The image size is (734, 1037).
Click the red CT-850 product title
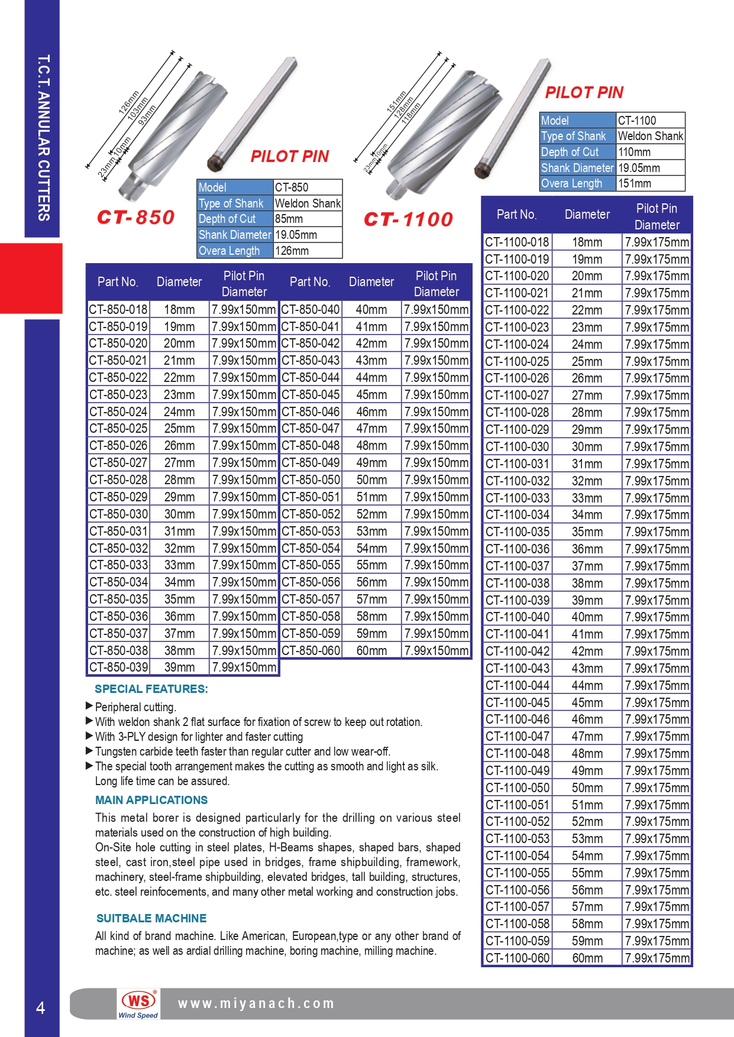tap(135, 217)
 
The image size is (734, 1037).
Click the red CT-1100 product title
tap(408, 219)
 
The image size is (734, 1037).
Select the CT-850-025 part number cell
tap(118, 428)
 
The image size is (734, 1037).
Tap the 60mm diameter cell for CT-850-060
tap(371, 650)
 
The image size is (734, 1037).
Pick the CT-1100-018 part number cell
tap(517, 242)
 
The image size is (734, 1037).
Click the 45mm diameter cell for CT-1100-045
tap(587, 702)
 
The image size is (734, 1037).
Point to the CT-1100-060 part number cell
tap(517, 958)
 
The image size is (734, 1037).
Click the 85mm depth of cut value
tap(289, 219)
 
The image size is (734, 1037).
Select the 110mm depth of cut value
tap(634, 152)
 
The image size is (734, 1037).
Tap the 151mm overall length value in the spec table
tap(635, 183)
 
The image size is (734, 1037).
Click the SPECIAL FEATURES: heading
tap(151, 689)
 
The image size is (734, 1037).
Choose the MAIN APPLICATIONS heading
tap(151, 800)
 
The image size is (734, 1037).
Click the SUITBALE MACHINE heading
tap(151, 918)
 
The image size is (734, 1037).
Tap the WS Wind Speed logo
tap(138, 1003)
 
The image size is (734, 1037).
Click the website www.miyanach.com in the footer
tap(256, 1003)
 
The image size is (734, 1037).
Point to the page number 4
tap(40, 1008)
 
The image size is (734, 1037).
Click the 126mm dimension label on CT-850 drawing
tap(128, 102)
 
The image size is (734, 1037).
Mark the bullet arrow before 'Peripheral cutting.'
tap(89, 705)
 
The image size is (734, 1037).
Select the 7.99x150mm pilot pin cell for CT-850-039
tap(244, 667)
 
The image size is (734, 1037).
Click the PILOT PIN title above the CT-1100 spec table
tap(584, 92)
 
